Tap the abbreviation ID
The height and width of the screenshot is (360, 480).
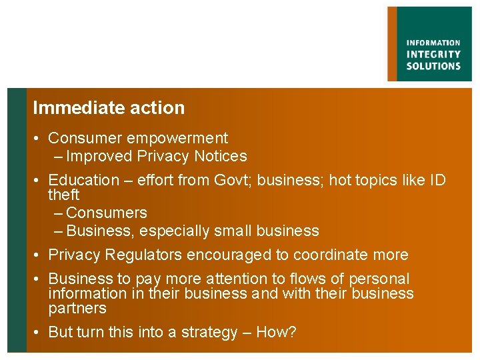[x=437, y=180]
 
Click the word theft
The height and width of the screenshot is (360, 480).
[x=63, y=195]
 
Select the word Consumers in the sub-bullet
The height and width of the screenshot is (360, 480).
[x=107, y=213]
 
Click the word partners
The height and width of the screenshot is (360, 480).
[x=77, y=309]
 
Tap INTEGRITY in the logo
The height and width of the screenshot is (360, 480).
[x=433, y=55]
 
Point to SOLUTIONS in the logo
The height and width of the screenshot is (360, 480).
[x=433, y=66]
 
